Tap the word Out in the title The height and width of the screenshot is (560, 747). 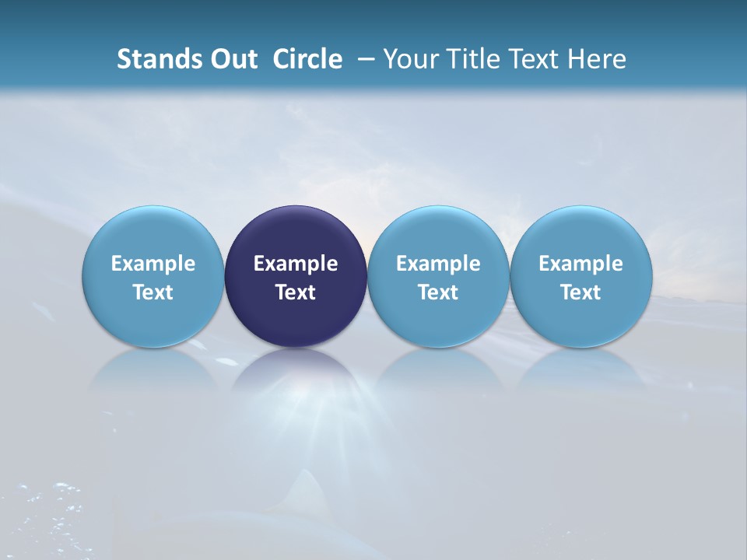tap(230, 59)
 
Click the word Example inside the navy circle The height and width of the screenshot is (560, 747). tap(296, 264)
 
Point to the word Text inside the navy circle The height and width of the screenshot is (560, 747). tap(296, 292)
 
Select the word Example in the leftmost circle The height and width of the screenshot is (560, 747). tap(153, 264)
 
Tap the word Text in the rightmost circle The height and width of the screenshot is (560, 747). tap(581, 292)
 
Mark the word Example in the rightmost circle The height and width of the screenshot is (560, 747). tap(581, 264)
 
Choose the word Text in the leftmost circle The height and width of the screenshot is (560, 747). tap(153, 292)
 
